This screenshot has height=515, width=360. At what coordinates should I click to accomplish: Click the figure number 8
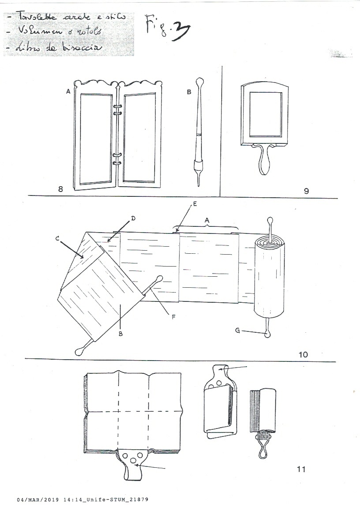(60, 189)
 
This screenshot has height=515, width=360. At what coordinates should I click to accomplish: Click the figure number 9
(306, 191)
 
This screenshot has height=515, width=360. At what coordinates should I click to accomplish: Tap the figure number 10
(303, 353)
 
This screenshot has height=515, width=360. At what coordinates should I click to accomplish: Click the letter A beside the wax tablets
(68, 91)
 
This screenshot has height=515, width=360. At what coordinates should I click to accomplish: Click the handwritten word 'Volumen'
(33, 32)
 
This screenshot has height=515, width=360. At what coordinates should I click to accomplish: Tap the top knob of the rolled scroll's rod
(270, 219)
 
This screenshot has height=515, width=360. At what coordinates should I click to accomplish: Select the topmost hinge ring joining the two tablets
(117, 107)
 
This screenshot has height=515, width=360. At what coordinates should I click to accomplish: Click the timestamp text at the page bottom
(82, 500)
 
